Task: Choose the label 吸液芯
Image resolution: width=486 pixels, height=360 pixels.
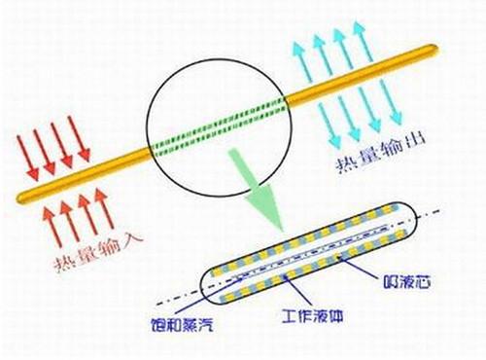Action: [401, 284]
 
